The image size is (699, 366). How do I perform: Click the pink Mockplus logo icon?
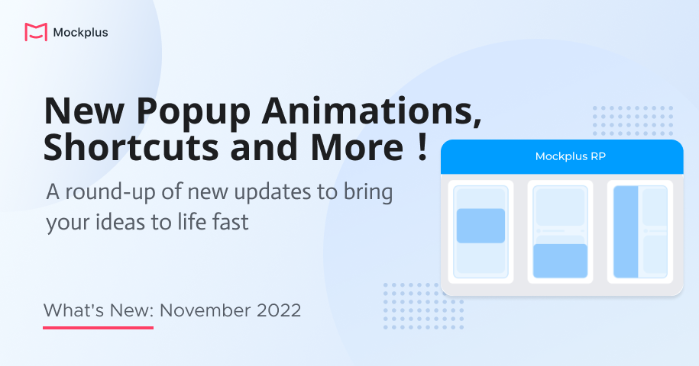click(36, 32)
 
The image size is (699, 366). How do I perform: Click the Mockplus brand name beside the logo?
click(80, 33)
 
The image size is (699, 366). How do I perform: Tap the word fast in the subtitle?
click(227, 223)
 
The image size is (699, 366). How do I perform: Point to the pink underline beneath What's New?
click(98, 328)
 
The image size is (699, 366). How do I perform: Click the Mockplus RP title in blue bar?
click(561, 156)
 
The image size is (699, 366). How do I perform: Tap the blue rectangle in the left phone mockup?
click(481, 226)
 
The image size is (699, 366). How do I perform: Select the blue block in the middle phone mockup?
click(560, 260)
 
